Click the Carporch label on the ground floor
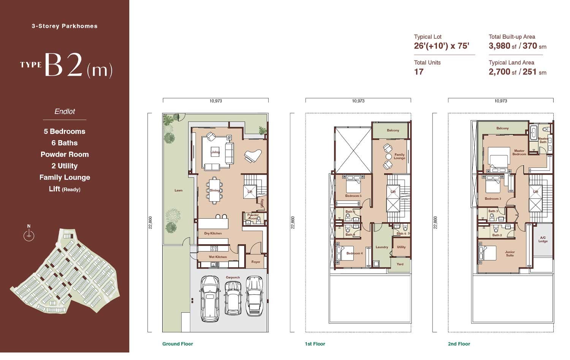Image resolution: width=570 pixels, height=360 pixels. point(233,277)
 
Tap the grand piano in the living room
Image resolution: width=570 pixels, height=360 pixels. point(253,156)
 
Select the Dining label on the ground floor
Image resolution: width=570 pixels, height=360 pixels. point(215,190)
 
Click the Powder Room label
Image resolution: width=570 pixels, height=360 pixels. point(253,216)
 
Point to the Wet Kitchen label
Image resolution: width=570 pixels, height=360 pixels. point(218,257)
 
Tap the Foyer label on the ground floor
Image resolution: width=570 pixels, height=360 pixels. point(256,262)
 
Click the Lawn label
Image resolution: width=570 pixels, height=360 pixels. point(178,190)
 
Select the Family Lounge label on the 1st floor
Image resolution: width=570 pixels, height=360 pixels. point(399,156)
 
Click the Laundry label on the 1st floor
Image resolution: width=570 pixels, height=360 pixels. point(382,247)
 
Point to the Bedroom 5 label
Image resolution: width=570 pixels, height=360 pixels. point(353,196)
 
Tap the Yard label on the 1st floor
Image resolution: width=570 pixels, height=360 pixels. point(400,264)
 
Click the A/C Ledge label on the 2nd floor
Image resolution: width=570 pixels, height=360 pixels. point(543,239)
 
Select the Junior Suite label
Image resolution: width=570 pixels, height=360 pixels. point(510,253)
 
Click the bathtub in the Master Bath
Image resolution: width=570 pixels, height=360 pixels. point(534,133)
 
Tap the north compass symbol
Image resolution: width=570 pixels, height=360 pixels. point(29,234)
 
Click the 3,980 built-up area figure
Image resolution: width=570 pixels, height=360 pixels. point(499,46)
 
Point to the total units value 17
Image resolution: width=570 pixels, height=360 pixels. point(419,72)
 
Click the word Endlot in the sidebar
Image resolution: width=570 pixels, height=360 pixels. point(65,111)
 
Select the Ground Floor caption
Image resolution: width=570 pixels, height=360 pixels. point(177,344)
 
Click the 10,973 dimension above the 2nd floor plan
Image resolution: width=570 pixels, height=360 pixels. point(500,101)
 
